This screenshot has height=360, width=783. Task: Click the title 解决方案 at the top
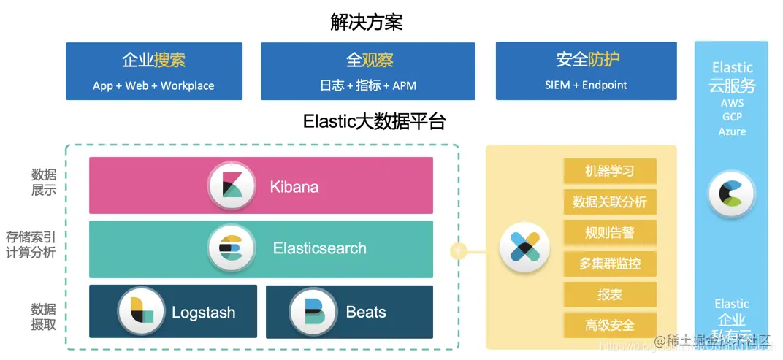[366, 23]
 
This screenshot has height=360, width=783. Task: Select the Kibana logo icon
[232, 186]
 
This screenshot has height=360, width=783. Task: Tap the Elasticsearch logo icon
[232, 248]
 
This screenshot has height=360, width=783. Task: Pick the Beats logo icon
[313, 312]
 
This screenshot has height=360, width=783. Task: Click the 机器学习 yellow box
[609, 172]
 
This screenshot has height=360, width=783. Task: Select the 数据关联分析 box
[609, 202]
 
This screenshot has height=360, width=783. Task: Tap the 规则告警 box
[609, 233]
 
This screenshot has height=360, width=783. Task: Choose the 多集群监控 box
[609, 264]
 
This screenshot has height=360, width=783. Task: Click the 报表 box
[609, 294]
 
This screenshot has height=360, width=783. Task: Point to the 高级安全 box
[609, 325]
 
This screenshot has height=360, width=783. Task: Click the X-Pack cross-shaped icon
[524, 248]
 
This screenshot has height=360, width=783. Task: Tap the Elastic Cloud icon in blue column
[731, 194]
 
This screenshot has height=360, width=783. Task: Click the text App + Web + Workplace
[153, 85]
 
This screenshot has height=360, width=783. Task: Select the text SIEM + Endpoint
[586, 85]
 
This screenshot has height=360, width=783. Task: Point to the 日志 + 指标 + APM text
[367, 85]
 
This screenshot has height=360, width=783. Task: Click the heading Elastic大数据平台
[374, 121]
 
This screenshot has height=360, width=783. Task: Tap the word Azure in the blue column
[732, 131]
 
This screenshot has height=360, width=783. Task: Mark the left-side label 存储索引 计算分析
[31, 245]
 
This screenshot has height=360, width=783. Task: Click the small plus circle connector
[459, 250]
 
